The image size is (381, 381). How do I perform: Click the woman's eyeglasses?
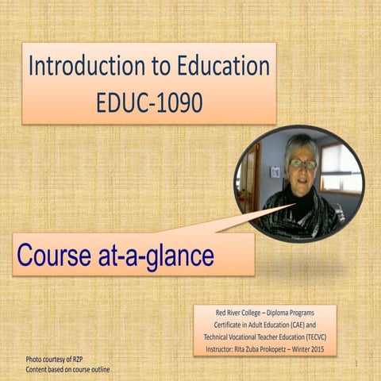tap(302, 164)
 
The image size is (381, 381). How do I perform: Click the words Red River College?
tap(235, 313)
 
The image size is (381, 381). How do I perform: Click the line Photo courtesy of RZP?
tap(56, 360)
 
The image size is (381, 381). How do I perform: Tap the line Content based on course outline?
tap(67, 369)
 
